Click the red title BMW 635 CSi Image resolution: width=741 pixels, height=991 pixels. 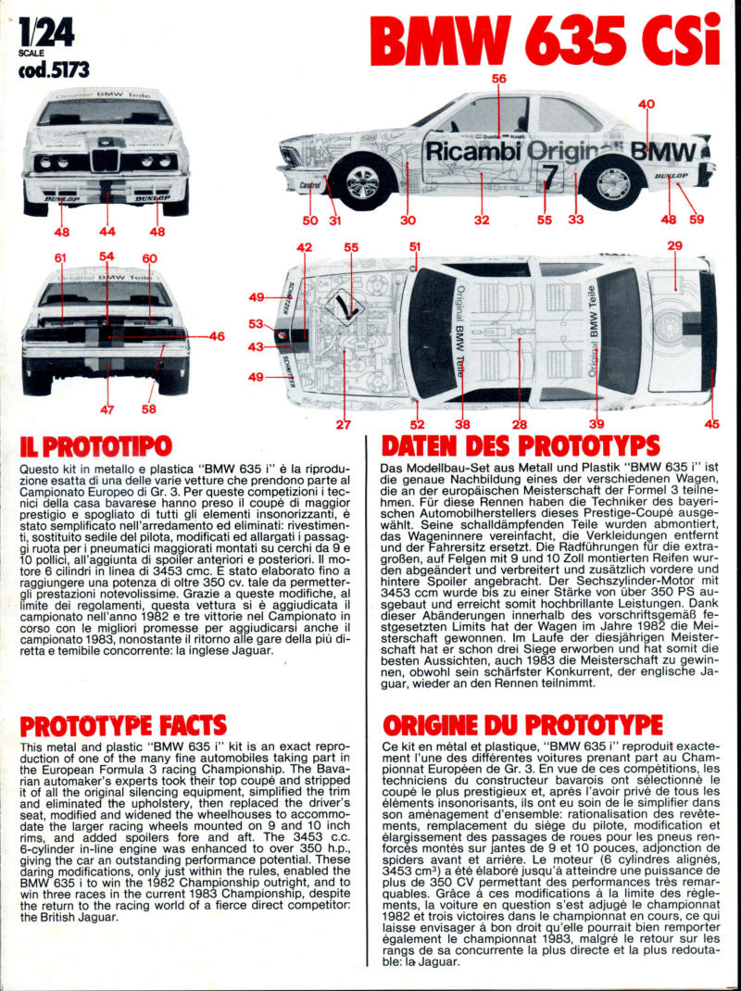pos(545,41)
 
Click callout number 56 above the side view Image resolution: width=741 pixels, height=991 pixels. pos(499,79)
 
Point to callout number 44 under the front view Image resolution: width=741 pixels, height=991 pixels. pos(107,232)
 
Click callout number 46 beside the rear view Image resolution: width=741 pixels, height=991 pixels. pos(217,336)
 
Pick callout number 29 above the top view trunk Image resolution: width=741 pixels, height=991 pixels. pos(674,245)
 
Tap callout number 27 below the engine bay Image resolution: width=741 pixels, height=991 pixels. pos(344,424)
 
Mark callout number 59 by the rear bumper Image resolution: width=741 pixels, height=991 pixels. pos(697,220)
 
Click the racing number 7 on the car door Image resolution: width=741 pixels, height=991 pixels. pos(549,173)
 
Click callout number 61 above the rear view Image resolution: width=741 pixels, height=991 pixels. pos(61,257)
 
